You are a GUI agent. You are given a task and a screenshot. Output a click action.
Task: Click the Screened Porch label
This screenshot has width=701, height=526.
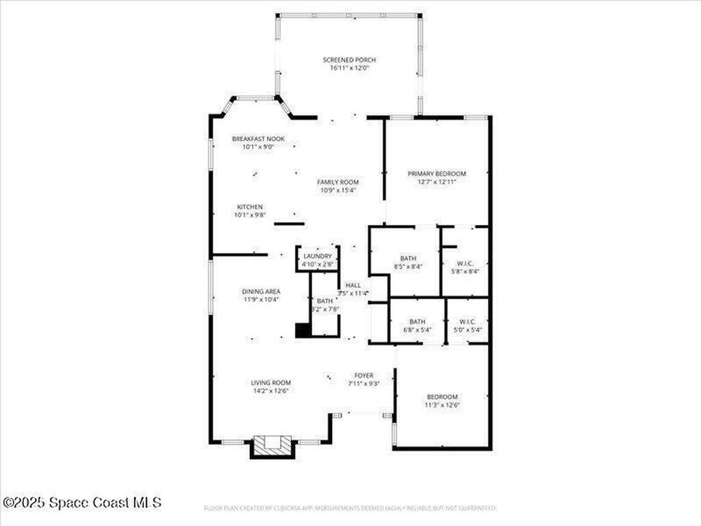pos(349,60)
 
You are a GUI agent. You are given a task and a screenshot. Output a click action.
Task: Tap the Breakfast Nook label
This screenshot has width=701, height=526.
pos(258,139)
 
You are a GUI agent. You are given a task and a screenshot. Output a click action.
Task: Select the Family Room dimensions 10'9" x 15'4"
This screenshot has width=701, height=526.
pos(337,191)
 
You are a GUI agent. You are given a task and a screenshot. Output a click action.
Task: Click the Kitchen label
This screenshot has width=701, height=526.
pos(250,207)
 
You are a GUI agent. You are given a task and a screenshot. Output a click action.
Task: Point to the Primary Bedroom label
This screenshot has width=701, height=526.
pos(437,174)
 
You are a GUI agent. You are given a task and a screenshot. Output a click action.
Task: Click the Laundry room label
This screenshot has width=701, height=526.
pos(318,256)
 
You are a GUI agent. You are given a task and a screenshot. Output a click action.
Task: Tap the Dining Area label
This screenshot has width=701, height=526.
pos(260,291)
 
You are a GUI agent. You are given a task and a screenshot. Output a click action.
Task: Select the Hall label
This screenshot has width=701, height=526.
pos(353,285)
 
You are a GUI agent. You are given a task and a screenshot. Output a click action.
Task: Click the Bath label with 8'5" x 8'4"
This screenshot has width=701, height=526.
pos(408,258)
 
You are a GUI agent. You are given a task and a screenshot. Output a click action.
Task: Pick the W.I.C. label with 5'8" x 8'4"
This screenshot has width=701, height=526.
pos(466,263)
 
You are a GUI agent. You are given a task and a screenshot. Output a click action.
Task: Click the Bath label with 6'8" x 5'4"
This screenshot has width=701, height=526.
pos(417,321)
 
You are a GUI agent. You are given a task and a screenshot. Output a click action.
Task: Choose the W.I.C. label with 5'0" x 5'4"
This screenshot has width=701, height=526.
pos(468,321)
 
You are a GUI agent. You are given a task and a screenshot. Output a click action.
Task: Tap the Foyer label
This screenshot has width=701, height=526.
pos(363,375)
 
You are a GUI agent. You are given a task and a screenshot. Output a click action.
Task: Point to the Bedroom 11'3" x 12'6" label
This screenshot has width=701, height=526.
pos(442,397)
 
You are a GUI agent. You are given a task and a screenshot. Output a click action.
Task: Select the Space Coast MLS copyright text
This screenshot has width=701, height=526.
pos(82,503)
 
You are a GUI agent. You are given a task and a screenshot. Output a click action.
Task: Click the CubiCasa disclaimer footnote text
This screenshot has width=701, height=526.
pos(350,508)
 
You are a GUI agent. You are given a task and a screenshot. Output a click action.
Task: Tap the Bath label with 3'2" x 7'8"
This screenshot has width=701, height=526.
pos(324,301)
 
